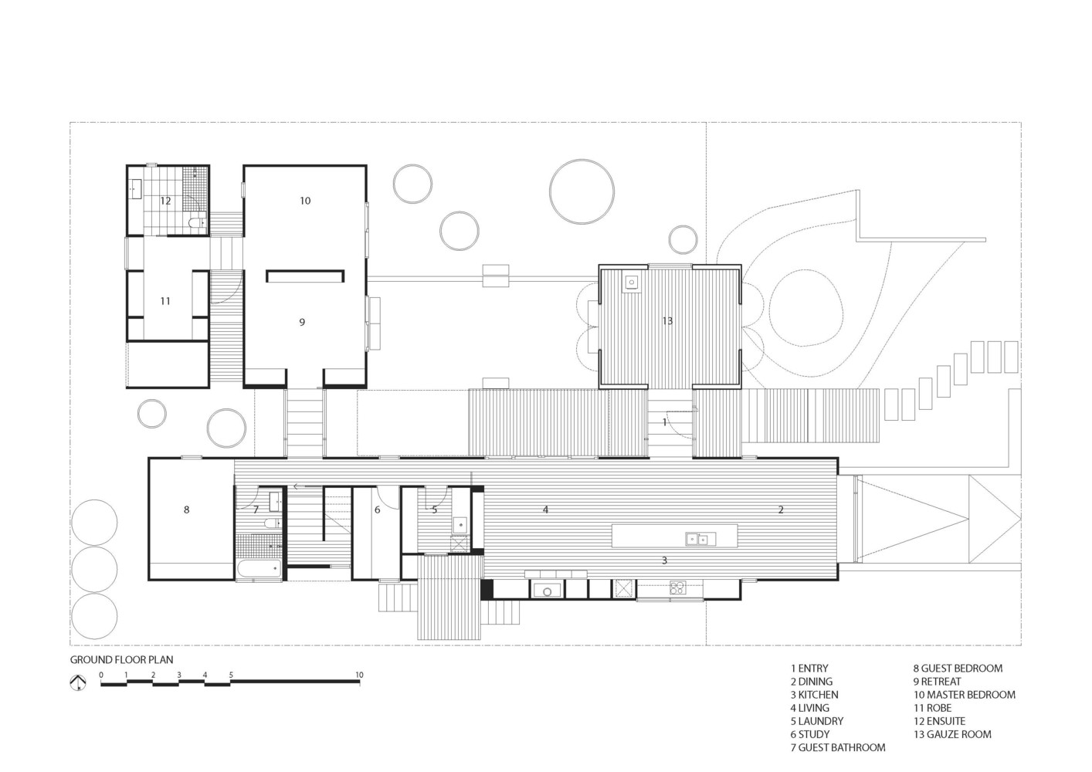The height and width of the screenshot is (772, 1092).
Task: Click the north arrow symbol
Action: [x=78, y=682]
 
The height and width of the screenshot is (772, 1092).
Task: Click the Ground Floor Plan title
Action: [x=121, y=660]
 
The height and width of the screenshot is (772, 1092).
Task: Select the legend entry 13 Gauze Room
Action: [x=952, y=734]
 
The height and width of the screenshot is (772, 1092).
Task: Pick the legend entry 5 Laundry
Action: [x=816, y=721]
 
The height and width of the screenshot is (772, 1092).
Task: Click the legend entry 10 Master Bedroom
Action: [x=965, y=695]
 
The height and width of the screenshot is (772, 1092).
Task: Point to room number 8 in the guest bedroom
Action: [x=186, y=510]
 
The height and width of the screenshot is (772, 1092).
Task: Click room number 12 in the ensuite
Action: [x=165, y=201]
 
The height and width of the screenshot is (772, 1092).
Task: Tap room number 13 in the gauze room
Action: [x=667, y=320]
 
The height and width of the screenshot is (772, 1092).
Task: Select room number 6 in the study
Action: [x=378, y=510]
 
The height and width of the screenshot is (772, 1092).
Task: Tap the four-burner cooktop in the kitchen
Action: [x=677, y=587]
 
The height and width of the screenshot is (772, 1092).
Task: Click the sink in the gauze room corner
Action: [x=632, y=283]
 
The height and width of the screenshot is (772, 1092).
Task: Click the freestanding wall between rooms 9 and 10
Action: [x=305, y=276]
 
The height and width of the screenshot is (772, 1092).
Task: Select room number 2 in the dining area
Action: [x=781, y=510]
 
